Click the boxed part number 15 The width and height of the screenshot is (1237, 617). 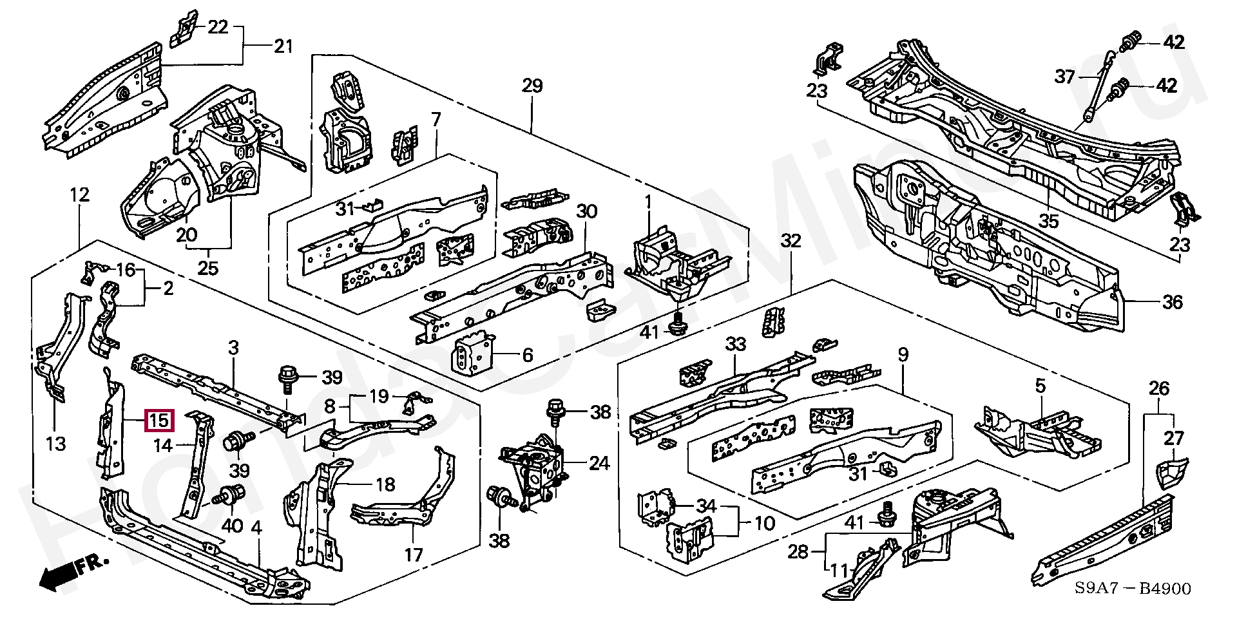coord(158,421)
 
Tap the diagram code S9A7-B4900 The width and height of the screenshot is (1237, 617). coord(1132,588)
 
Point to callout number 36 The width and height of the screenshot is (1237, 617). coord(1173,302)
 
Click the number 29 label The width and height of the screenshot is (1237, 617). coord(532,86)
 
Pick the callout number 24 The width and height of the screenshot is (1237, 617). coord(599,463)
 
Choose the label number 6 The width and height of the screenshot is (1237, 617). coord(527,355)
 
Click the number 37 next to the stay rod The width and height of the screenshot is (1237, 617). coord(1064,77)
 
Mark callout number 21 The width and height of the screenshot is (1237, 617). coord(283,46)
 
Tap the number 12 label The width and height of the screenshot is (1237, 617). coord(79,195)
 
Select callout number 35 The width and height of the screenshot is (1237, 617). coord(1048,221)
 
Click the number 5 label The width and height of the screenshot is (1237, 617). coord(1040,386)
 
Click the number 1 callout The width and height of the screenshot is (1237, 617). coord(648,202)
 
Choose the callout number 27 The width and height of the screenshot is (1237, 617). coord(1174,439)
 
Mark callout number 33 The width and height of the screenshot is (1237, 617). coord(735,345)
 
